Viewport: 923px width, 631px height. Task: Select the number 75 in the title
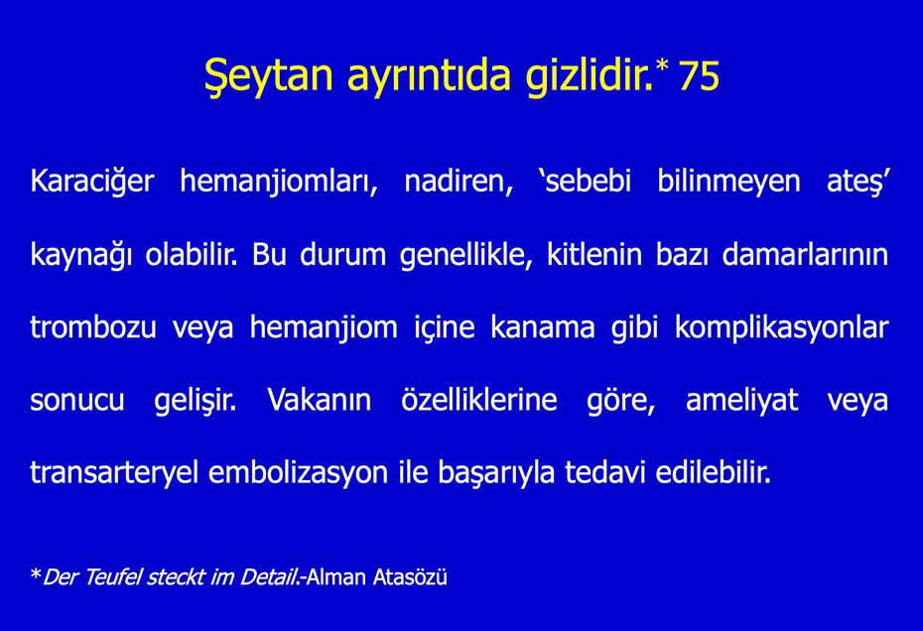tap(699, 78)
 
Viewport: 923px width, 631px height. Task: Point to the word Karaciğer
tap(91, 184)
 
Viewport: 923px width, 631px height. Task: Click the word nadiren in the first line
tap(458, 184)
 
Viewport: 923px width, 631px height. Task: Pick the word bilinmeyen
tap(728, 184)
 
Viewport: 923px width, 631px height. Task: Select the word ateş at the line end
tap(857, 184)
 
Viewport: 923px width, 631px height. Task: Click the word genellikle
tap(467, 256)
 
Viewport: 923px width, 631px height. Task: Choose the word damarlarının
tap(804, 256)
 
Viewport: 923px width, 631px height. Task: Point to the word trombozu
tap(92, 328)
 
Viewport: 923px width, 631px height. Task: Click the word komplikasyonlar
tap(781, 328)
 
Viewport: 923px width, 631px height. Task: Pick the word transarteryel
tap(114, 473)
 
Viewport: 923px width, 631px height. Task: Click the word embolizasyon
tap(298, 473)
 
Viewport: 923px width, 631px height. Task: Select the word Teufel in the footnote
tap(111, 577)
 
